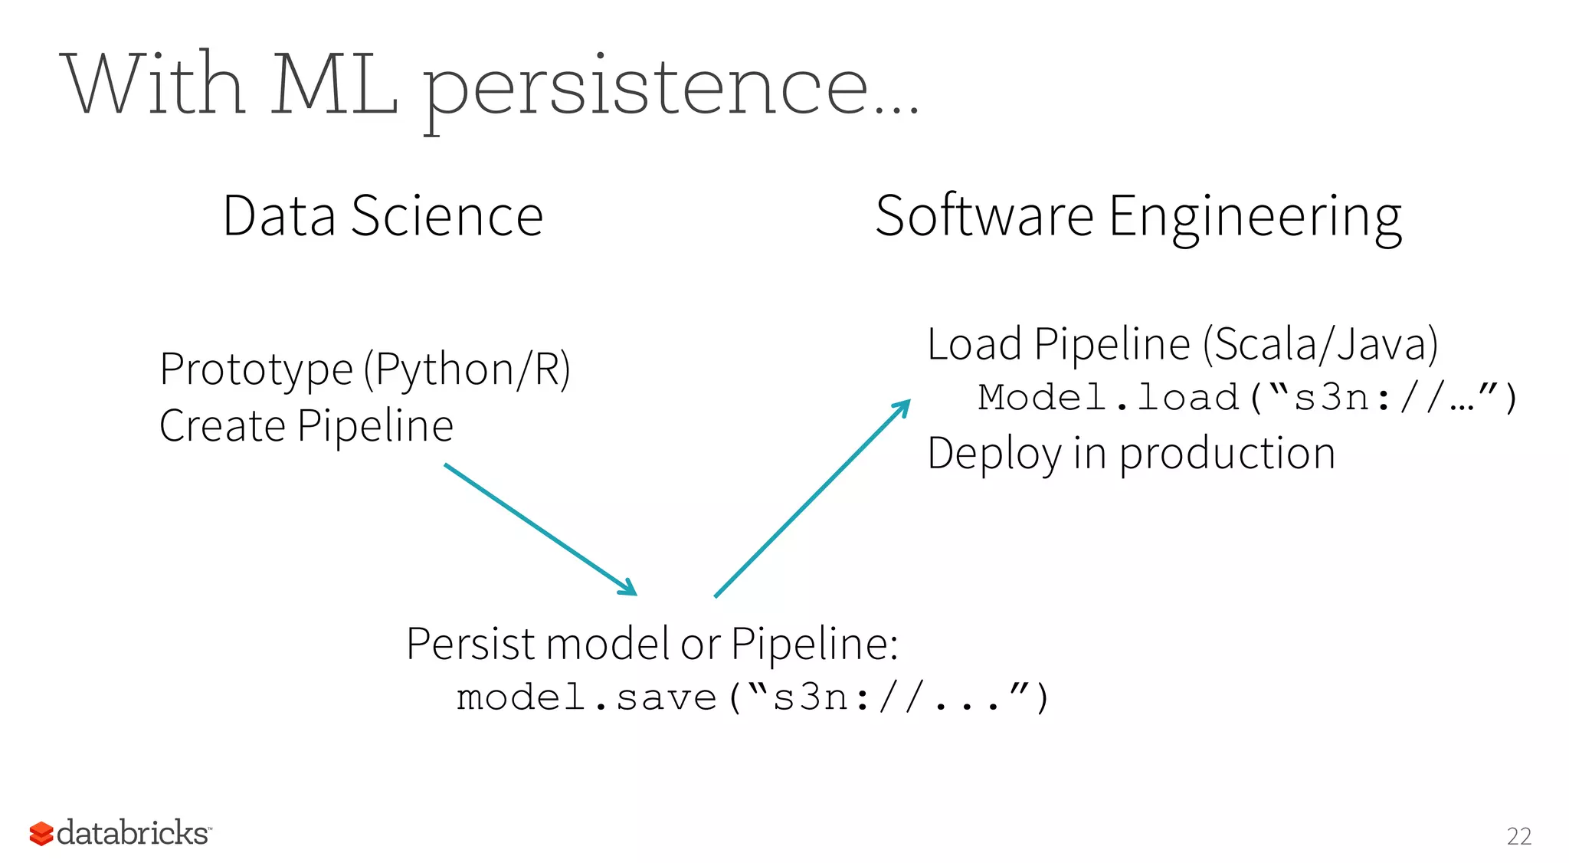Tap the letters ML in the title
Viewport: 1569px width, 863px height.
[x=334, y=84]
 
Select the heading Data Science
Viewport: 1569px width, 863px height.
[x=382, y=216]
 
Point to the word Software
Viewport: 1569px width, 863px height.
[x=984, y=216]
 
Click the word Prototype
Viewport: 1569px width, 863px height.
[x=256, y=369]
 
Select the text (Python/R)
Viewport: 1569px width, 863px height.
[x=467, y=370]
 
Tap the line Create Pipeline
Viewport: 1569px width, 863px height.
[x=306, y=426]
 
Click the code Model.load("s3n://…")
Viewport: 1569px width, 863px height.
[x=1246, y=398]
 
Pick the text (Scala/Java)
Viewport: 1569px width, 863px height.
[x=1319, y=344]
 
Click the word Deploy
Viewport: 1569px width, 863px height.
[x=994, y=454]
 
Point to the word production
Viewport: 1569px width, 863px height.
[x=1227, y=454]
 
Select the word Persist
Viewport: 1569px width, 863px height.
[x=470, y=644]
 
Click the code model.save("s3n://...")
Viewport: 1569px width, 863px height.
[x=752, y=697]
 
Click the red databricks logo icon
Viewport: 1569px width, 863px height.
[x=41, y=834]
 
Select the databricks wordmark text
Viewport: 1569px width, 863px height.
[x=133, y=833]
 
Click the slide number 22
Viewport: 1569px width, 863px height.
[x=1518, y=836]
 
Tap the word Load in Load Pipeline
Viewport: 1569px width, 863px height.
[x=974, y=344]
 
